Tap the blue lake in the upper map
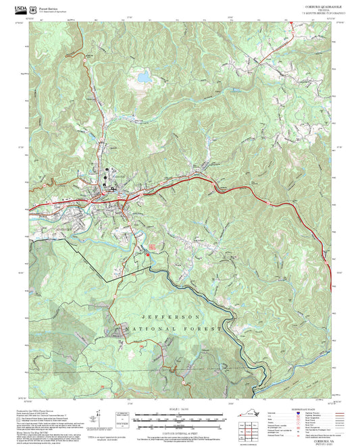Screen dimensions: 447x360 pyautogui.click(x=143, y=78)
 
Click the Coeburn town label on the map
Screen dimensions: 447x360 pyautogui.click(x=118, y=176)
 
